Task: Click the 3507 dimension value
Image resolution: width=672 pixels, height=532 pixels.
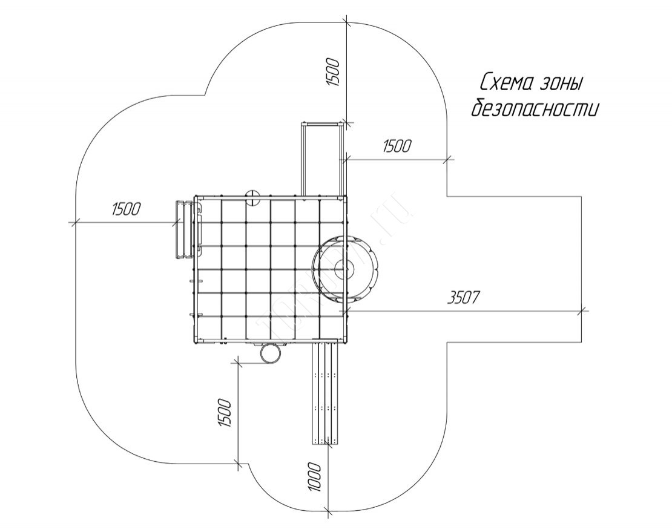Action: pos(463,298)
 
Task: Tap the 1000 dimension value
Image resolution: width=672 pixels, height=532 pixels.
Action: pos(312,477)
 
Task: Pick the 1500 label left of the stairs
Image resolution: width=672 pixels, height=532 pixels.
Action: pos(126,209)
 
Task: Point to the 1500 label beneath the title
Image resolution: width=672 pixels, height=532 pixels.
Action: pos(397,146)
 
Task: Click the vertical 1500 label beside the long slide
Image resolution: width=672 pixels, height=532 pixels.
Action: pos(224,413)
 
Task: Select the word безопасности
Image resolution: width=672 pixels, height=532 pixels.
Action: pos(536,109)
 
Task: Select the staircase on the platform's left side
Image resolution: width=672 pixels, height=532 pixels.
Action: pos(186,229)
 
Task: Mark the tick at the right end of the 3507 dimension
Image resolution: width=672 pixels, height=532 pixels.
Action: pos(582,311)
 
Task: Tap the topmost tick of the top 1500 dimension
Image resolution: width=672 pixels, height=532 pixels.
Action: pos(346,24)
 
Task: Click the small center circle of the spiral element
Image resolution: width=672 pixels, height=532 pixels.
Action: pos(347,266)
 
